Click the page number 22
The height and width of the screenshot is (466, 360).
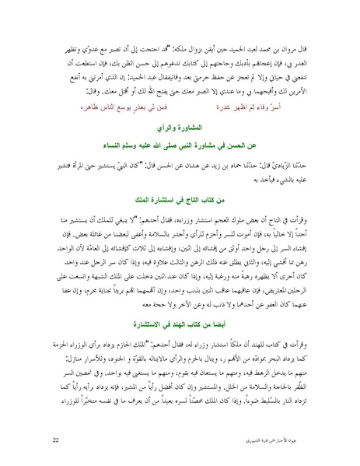click(x=54, y=441)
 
